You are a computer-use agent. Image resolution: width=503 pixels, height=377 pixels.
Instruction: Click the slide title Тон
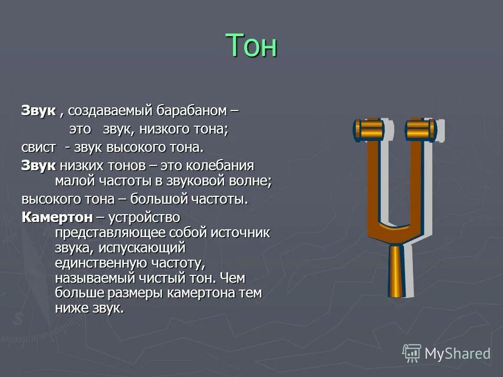(x=251, y=46)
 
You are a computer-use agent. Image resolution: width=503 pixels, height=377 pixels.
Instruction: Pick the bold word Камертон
(x=57, y=217)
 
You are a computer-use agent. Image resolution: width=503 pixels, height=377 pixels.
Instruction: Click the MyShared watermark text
(x=457, y=353)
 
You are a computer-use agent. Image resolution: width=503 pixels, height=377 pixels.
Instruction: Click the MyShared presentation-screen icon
(x=412, y=353)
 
